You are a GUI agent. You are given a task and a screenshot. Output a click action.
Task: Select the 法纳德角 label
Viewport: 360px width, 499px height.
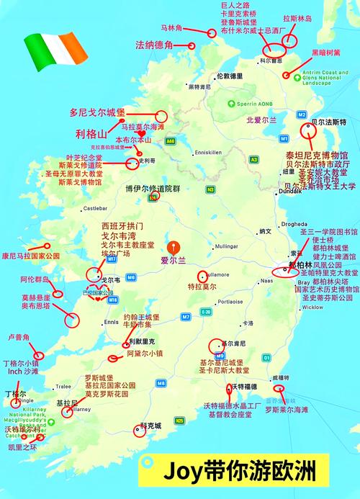(x=154, y=45)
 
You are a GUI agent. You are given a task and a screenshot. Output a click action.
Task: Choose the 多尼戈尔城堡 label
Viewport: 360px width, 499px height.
(x=97, y=113)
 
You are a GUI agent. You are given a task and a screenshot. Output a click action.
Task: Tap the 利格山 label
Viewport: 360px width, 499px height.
(x=91, y=134)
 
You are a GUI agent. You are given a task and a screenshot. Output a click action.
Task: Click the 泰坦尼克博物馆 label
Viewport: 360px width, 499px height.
(x=316, y=155)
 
